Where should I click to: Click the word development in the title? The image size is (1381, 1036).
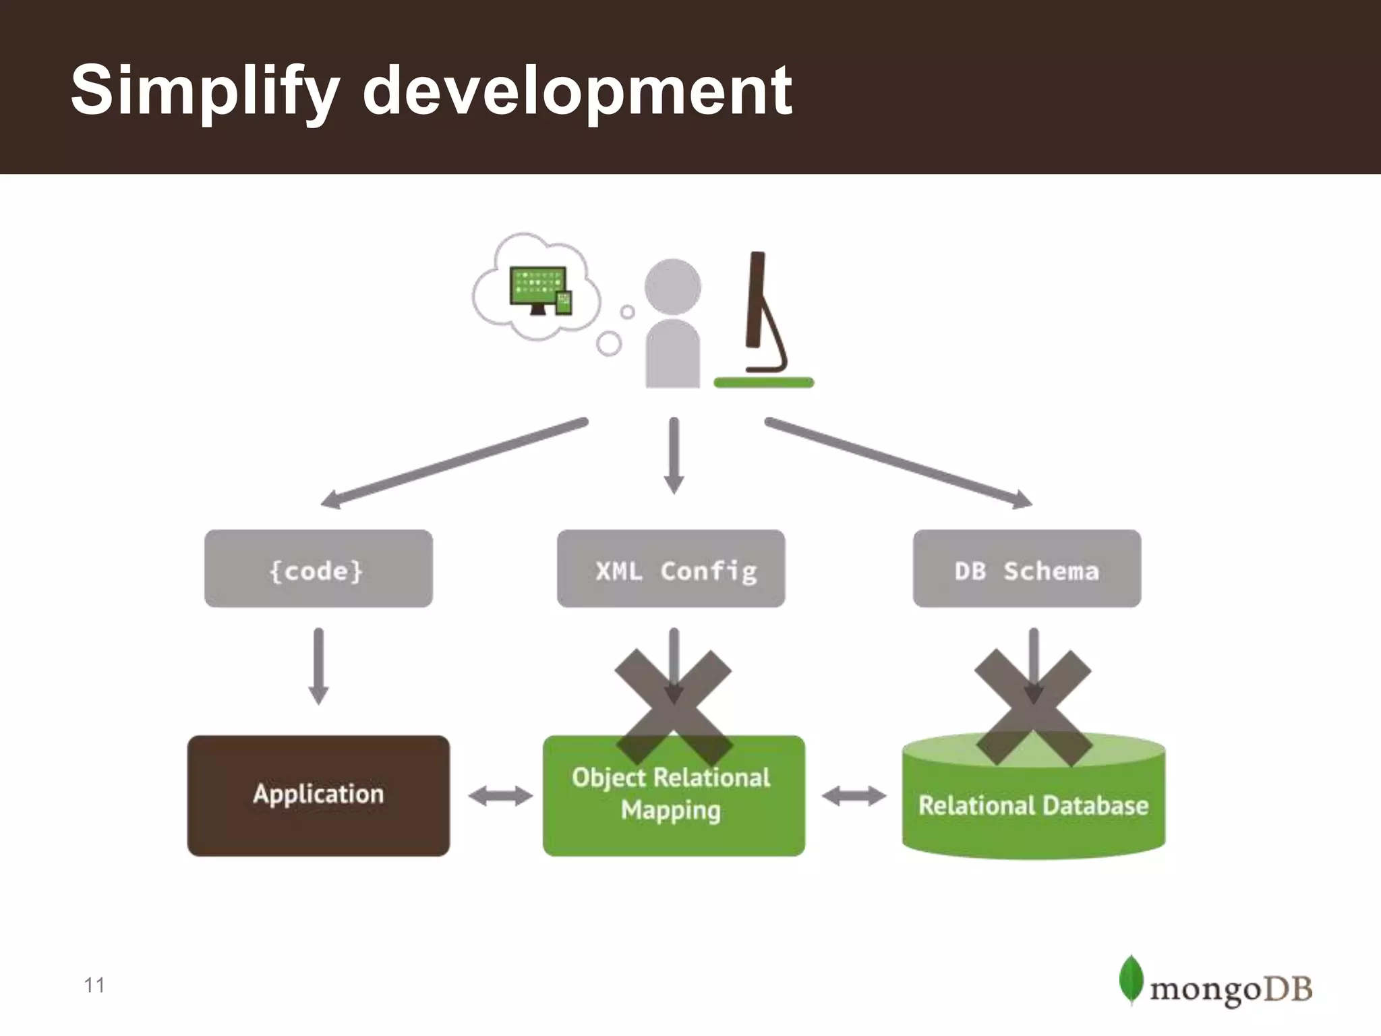(577, 91)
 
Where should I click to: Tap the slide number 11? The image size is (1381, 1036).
(94, 985)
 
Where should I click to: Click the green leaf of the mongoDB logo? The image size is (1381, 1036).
(1131, 979)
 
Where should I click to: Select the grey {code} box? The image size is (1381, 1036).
(318, 569)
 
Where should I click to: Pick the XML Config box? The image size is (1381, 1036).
(671, 569)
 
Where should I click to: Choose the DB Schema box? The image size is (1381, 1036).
(1027, 569)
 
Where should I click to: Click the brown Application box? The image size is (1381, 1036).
(318, 796)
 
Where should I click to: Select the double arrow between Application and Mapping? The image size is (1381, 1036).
(500, 796)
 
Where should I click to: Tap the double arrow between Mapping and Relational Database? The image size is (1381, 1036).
(854, 796)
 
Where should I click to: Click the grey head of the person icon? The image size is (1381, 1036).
(672, 286)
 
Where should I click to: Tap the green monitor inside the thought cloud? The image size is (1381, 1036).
(537, 287)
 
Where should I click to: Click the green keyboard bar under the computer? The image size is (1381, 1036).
(764, 383)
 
